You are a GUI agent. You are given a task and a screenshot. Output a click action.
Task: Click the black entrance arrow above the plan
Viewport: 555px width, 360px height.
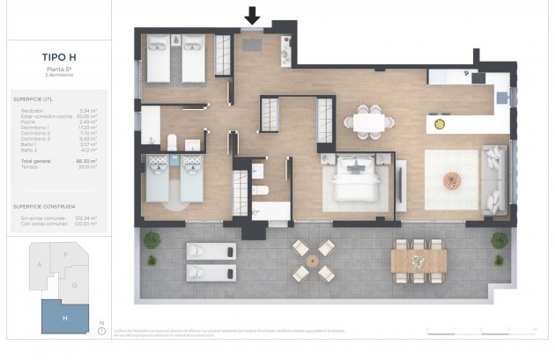coord(253,15)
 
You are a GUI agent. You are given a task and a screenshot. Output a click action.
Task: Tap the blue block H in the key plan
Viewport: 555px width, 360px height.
coord(64,317)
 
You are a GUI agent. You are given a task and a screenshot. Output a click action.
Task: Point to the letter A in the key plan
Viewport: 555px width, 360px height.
coord(39,263)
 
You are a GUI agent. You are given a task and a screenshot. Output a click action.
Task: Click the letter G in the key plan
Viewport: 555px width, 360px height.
coord(74,285)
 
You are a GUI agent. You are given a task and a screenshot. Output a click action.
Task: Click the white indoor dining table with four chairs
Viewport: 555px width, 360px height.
coord(363,123)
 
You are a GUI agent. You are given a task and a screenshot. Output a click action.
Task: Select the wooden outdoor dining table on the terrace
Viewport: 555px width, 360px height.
coord(418,260)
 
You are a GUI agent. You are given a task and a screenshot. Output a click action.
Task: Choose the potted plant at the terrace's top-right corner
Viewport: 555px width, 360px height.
coord(499,239)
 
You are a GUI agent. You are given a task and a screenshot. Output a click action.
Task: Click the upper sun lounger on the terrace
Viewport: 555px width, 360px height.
coord(211,251)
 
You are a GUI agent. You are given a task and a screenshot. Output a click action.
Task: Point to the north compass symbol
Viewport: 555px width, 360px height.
coord(102,329)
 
